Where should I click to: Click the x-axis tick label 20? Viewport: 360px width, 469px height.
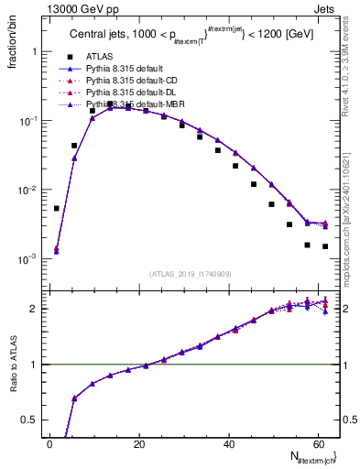point(139,444)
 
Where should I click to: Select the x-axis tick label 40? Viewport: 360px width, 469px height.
point(229,444)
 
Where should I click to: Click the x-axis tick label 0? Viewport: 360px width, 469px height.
point(50,444)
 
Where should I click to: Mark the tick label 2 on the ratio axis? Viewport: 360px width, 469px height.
point(35,309)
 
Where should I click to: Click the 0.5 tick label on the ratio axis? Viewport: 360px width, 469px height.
point(30,420)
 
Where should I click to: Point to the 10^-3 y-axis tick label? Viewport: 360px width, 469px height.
point(28,259)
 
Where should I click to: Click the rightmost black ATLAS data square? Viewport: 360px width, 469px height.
point(325,246)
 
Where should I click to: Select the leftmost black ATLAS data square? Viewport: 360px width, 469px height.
point(57,208)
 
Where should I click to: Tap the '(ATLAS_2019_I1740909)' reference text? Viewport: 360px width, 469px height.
point(191,274)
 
